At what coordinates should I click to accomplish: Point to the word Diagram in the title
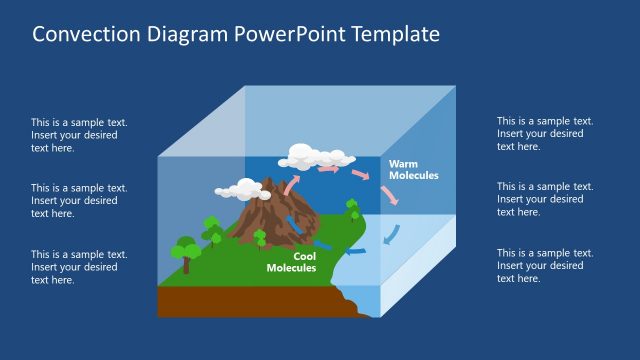click(x=189, y=34)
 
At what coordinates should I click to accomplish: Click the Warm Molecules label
click(x=413, y=169)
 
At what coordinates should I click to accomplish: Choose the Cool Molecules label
click(x=291, y=262)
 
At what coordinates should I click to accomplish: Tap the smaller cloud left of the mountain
click(x=239, y=188)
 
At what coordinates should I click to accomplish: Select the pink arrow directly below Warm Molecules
click(x=389, y=194)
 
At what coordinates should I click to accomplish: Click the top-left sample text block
click(x=79, y=135)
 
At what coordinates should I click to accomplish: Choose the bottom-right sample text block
click(x=545, y=265)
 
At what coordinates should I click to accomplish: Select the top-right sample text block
click(x=545, y=133)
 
